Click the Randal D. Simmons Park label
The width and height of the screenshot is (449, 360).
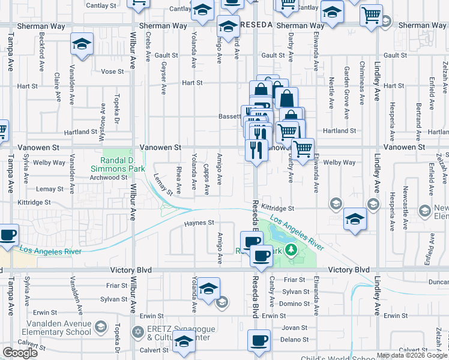tap(117, 165)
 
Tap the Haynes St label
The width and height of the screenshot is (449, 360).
tap(198, 223)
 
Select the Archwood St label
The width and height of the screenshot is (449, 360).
tap(109, 178)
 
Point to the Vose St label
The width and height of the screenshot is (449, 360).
tap(112, 71)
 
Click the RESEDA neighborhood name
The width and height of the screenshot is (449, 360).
tap(256, 25)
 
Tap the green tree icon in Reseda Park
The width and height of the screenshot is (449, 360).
tap(291, 249)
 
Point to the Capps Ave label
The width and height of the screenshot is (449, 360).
tap(206, 180)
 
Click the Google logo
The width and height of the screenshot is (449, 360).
tap(20, 353)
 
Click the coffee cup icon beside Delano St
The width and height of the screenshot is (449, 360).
tap(259, 340)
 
